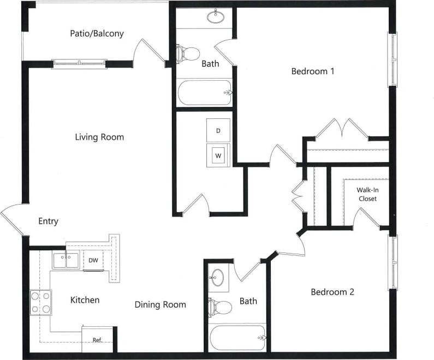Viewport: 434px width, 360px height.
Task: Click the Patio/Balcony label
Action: coord(97,33)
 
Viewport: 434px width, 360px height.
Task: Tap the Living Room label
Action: coord(99,137)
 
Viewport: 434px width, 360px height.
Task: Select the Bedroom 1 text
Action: coord(312,71)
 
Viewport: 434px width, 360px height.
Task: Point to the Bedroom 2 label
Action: coord(332,292)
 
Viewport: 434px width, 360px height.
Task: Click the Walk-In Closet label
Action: coord(367,194)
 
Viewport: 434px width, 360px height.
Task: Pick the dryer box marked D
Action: coord(218,130)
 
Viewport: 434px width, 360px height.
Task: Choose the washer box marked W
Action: coord(218,155)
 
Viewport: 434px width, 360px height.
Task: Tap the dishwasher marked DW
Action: coord(93,260)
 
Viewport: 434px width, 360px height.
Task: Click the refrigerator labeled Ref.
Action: coord(97,339)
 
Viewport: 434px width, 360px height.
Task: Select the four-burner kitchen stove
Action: coord(40,303)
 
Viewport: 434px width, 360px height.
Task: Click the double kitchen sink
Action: coord(66,260)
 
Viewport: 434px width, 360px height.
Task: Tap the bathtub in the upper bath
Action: coord(205,93)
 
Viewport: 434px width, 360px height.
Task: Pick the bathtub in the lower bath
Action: coord(237,338)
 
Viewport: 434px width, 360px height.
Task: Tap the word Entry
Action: coord(48,221)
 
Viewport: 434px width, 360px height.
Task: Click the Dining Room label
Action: coord(160,304)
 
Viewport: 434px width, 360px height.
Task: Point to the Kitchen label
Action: coord(85,300)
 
